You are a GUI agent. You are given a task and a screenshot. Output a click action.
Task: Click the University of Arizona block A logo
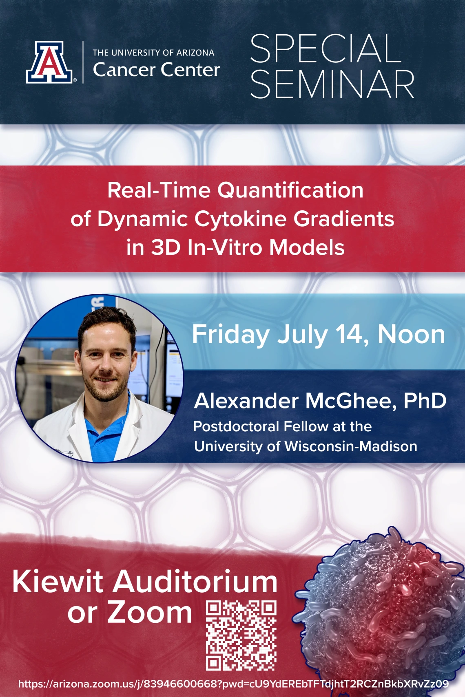pos(49,62)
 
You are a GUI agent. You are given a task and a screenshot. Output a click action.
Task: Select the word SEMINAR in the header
pos(332,84)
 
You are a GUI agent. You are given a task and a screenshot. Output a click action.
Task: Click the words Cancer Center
pos(156,69)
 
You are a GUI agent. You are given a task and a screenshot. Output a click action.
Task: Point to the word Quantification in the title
pos(290,190)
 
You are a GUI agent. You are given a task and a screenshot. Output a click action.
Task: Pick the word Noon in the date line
pos(411,335)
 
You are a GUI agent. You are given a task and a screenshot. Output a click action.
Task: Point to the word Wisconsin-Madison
pos(351,446)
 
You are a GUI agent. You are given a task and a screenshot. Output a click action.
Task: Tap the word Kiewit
pos(58,582)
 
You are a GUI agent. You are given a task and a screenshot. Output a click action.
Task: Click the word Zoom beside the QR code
pos(150,613)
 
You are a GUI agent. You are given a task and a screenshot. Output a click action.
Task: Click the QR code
pos(241,635)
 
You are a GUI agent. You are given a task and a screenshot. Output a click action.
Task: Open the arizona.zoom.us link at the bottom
pos(234,684)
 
